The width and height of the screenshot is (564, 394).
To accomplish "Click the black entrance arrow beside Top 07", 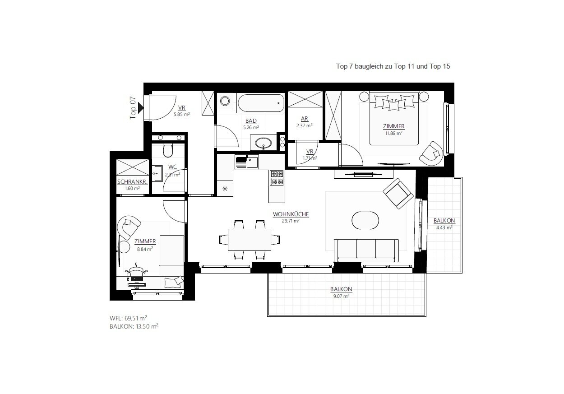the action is coord(140,108).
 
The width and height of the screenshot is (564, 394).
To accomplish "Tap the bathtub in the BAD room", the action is coord(261,103).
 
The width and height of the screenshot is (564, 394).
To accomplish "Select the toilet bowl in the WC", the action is coord(168,150).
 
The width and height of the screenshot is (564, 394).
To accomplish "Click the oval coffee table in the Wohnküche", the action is coord(365,220).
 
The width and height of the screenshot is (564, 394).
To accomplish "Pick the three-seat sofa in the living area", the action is coord(366,250).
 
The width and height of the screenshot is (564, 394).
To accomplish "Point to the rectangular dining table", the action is coord(249,240).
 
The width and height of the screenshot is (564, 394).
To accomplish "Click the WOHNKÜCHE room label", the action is coord(291,214).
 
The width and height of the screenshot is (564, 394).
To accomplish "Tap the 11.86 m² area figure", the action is coord(393,133).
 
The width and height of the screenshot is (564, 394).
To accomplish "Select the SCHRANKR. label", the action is coord(133,182).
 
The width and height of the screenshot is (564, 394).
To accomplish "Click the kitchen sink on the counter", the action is coord(247,162).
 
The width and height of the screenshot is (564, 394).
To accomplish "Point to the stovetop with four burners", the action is coord(277,178).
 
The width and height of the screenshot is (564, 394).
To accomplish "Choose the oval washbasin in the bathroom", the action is coord(264,144).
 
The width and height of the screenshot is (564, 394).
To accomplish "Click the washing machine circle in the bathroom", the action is coord(225,101).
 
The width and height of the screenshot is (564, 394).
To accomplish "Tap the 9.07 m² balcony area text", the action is coord(341,296).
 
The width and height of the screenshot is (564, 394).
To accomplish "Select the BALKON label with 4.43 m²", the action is coord(444,221).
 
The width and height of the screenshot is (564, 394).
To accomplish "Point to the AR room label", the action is coord(305,119).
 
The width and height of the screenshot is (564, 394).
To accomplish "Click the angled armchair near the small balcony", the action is coord(398,194).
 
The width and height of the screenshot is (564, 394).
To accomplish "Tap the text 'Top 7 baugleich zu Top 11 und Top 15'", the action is coord(393,66).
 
